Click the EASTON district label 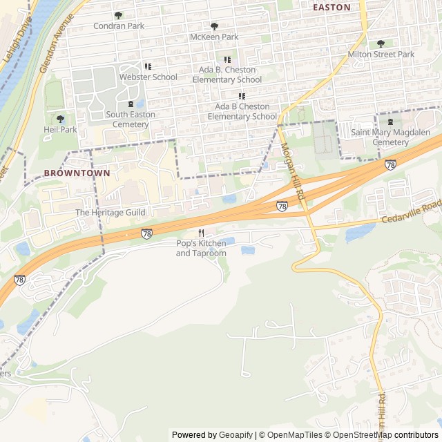pos(331,7)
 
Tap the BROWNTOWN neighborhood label pos(77,173)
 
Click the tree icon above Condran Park pos(118,15)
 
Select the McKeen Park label pos(214,37)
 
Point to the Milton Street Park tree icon pos(381,44)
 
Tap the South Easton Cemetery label pos(131,119)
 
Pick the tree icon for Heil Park pos(60,119)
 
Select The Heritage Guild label pos(110,213)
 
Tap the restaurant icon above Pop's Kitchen pos(201,233)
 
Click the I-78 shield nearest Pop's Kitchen pos(146,234)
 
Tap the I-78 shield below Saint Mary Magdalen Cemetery pos(390,165)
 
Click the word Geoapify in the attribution pos(235,435)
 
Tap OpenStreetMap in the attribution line pos(362,435)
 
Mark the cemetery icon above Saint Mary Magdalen pos(390,122)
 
